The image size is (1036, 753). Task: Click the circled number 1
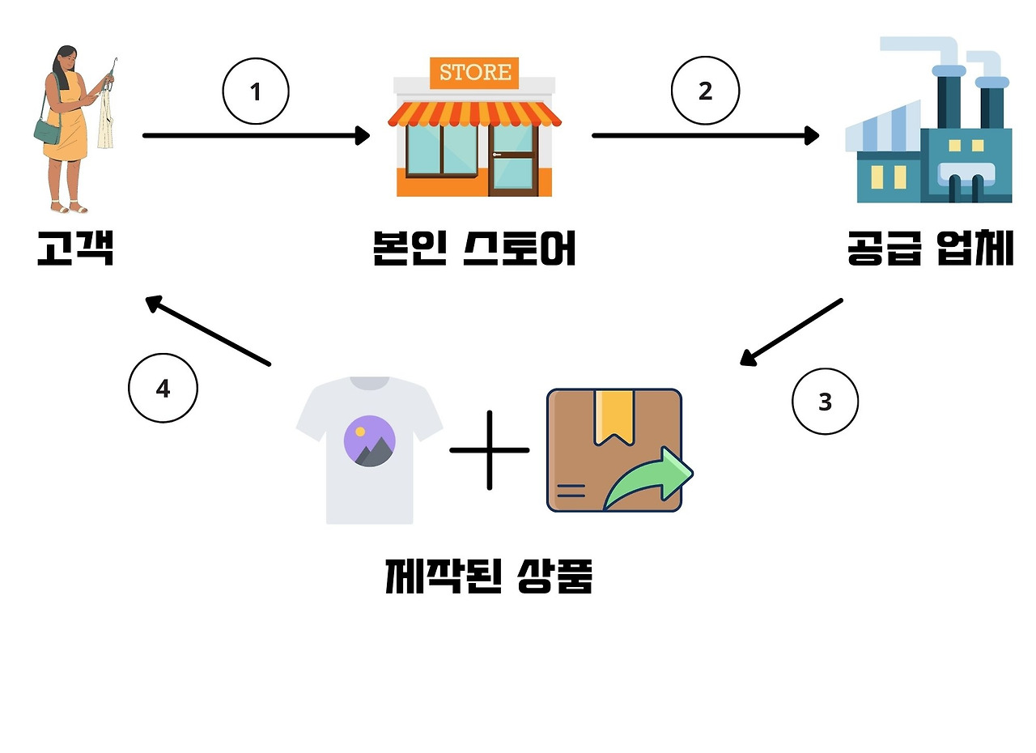click(x=256, y=91)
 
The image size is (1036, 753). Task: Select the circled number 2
click(x=705, y=91)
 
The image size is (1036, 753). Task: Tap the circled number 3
click(x=825, y=402)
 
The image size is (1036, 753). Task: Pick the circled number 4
click(x=163, y=389)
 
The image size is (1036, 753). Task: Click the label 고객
click(x=75, y=248)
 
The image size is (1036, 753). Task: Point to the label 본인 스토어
click(x=474, y=248)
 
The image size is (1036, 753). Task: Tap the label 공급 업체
click(x=930, y=248)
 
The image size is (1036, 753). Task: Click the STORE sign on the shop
click(x=475, y=72)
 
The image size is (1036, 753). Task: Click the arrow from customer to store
click(x=256, y=135)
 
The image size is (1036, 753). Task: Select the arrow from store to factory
click(x=705, y=135)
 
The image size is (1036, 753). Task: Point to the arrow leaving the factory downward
click(x=792, y=332)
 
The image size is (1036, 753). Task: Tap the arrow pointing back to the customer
click(x=208, y=332)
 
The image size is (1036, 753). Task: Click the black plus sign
click(x=490, y=450)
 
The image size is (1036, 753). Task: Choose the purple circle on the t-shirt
click(x=370, y=441)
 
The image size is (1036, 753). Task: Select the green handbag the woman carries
click(x=47, y=130)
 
